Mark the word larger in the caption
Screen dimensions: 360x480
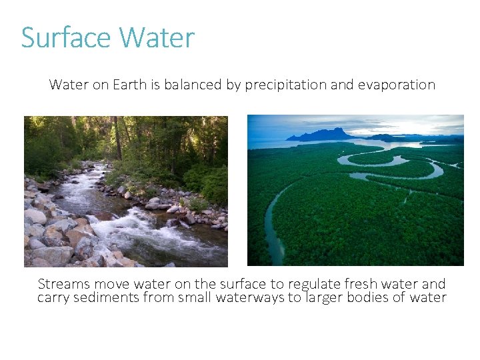coord(324,297)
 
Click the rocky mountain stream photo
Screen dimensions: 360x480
coord(126,191)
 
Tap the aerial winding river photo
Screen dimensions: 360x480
coord(355,200)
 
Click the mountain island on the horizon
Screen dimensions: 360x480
coord(323,134)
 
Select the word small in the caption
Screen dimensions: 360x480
coord(195,297)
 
